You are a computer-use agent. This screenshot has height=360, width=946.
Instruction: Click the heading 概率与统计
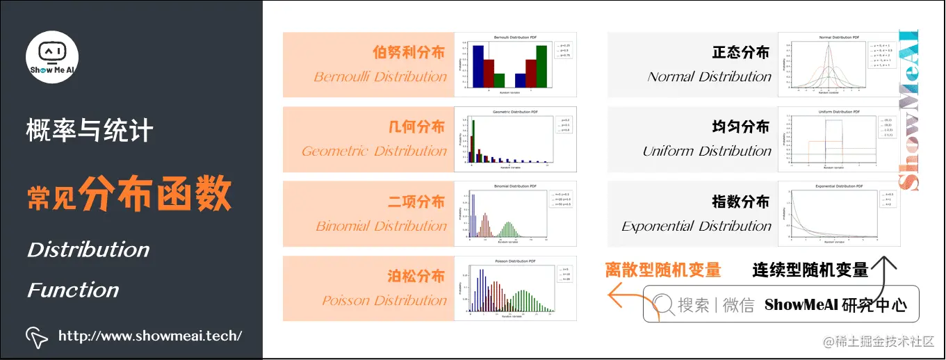point(90,130)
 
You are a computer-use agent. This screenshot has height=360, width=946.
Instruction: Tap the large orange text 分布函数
point(154,193)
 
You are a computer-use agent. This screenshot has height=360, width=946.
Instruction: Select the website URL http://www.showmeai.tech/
point(150,336)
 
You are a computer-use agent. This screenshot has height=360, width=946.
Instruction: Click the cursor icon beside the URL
point(37,337)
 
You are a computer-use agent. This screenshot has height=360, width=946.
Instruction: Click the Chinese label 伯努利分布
point(408,53)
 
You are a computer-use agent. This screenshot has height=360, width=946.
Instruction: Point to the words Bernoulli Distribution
point(380,77)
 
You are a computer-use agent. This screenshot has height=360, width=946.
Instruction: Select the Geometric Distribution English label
point(374,152)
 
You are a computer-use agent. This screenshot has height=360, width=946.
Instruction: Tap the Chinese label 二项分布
point(416,202)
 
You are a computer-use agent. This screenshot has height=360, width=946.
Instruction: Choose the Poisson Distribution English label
point(384,301)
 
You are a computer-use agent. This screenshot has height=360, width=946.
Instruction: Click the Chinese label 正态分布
point(741,53)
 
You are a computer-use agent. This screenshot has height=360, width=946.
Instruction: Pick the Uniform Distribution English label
point(707,152)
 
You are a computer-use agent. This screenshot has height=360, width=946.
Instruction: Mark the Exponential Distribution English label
point(696,227)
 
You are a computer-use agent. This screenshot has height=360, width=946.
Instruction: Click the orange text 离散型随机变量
point(662,270)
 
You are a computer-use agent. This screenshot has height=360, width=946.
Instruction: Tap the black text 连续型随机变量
point(810,270)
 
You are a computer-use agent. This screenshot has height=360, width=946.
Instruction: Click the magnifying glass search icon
point(662,304)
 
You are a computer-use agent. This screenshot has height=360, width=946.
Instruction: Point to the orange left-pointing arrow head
point(614,295)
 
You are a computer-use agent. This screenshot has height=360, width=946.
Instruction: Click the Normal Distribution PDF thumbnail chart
point(839,64)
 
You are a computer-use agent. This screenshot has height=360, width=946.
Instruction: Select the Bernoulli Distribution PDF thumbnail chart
point(515,64)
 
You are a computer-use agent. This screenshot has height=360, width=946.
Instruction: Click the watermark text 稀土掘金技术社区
point(879,341)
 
